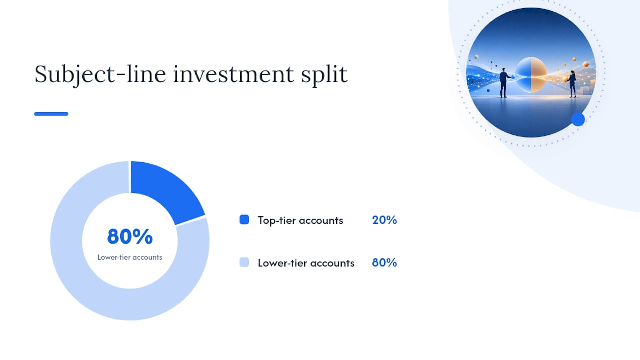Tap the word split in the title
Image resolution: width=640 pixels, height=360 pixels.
[324, 75]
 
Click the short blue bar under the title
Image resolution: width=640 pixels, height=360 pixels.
[51, 114]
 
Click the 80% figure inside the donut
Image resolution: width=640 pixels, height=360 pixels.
[130, 237]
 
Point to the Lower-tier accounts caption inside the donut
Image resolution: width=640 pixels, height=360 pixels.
[130, 257]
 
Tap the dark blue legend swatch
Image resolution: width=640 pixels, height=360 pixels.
[244, 220]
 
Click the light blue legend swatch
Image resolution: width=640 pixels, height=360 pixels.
[244, 262]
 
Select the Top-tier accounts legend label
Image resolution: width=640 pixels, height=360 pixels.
[300, 220]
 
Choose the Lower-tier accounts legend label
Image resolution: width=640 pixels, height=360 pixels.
[306, 263]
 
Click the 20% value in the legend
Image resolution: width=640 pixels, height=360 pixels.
[384, 220]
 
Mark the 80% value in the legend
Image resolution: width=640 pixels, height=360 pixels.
[384, 263]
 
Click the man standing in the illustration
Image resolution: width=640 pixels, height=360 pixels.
[504, 83]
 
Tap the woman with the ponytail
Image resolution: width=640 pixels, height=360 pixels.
[572, 84]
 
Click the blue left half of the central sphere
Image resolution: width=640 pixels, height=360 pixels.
[523, 75]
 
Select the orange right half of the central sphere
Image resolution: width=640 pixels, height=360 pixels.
[539, 75]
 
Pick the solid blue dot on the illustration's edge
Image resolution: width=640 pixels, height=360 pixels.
[578, 119]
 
